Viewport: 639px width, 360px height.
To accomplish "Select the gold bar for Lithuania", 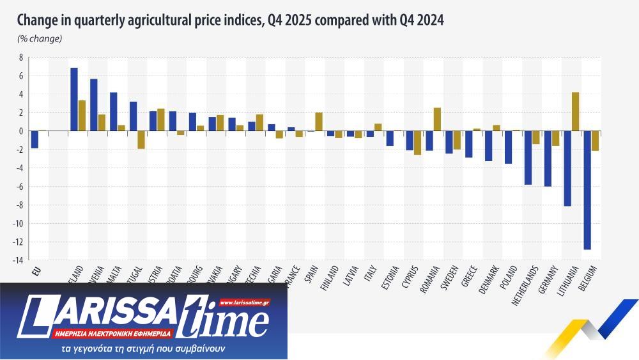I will click(x=576, y=112).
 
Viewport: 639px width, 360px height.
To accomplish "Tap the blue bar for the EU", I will click(x=35, y=139).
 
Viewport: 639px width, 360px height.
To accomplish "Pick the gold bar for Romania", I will click(x=437, y=120).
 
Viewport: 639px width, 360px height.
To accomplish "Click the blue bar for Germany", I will click(x=548, y=159).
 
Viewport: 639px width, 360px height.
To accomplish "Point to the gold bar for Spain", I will click(x=319, y=121).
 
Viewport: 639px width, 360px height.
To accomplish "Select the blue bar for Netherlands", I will click(x=528, y=158).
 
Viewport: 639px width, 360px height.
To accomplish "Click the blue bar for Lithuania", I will click(x=567, y=169).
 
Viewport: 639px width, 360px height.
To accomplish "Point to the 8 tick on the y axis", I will click(x=20, y=58).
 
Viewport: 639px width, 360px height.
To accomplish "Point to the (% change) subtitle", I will click(x=40, y=39).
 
